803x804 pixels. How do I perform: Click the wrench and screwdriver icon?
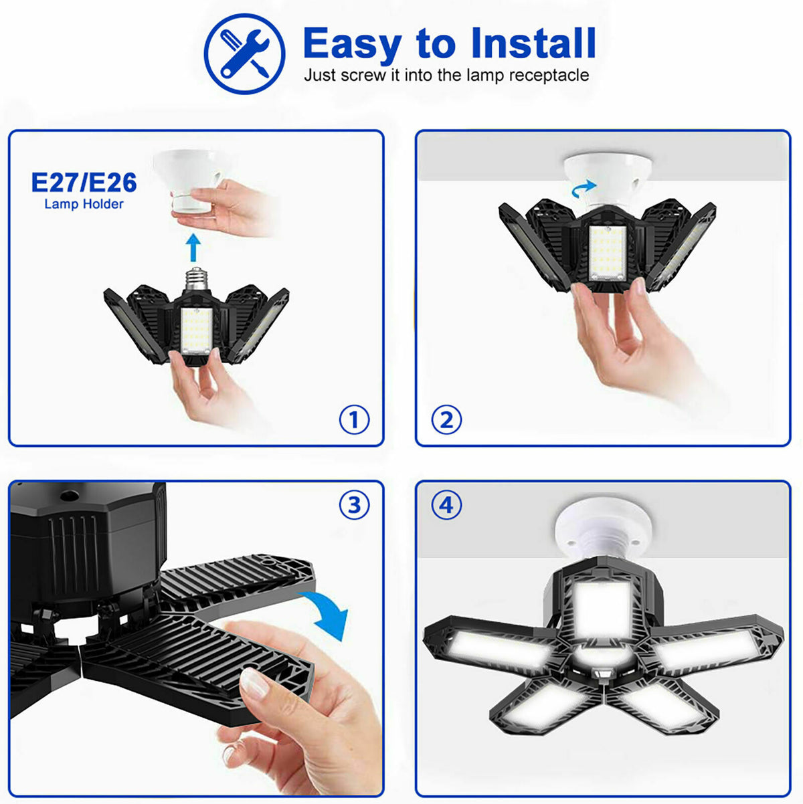coord(244,53)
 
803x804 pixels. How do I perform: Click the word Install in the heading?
coord(533,43)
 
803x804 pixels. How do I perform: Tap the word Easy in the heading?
coord(352,45)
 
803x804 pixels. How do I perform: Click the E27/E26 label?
coord(84,183)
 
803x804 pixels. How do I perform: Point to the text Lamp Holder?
coord(84,204)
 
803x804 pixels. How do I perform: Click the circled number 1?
coord(354,420)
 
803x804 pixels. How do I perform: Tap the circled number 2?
coord(446,420)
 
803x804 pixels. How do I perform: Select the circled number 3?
coord(354,506)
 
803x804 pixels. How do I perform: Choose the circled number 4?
coord(446,506)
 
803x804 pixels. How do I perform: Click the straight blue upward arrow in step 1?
coord(193,247)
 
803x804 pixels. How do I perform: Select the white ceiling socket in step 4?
coord(602,525)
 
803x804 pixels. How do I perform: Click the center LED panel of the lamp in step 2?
coord(608,253)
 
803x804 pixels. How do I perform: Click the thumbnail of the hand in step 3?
coord(254,684)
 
